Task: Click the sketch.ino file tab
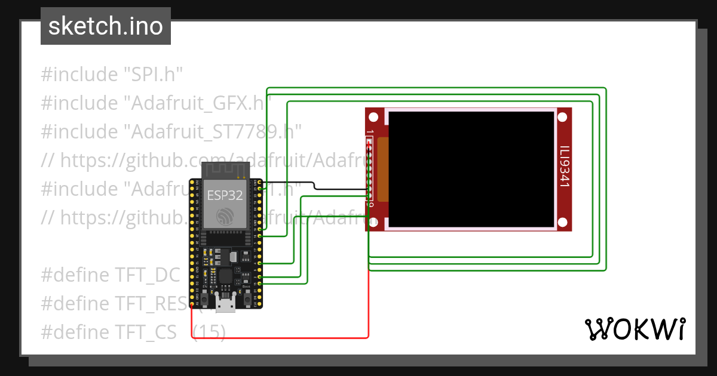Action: (106, 26)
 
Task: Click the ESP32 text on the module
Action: (224, 195)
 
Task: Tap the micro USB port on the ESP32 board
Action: (226, 306)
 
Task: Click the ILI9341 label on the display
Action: (564, 168)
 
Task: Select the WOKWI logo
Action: (634, 329)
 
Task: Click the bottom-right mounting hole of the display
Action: (562, 223)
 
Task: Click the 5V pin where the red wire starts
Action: (192, 304)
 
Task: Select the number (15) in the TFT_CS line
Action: (209, 332)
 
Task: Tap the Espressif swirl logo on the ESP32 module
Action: (225, 215)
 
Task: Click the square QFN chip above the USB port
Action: (226, 276)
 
